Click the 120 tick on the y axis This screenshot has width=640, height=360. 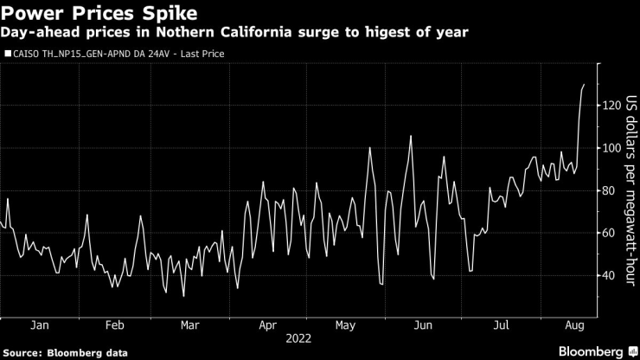[611, 106]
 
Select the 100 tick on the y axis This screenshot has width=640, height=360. [611, 148]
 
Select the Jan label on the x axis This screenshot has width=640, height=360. [38, 326]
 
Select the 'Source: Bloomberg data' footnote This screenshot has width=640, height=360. [65, 353]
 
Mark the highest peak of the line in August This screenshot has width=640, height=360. [584, 85]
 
